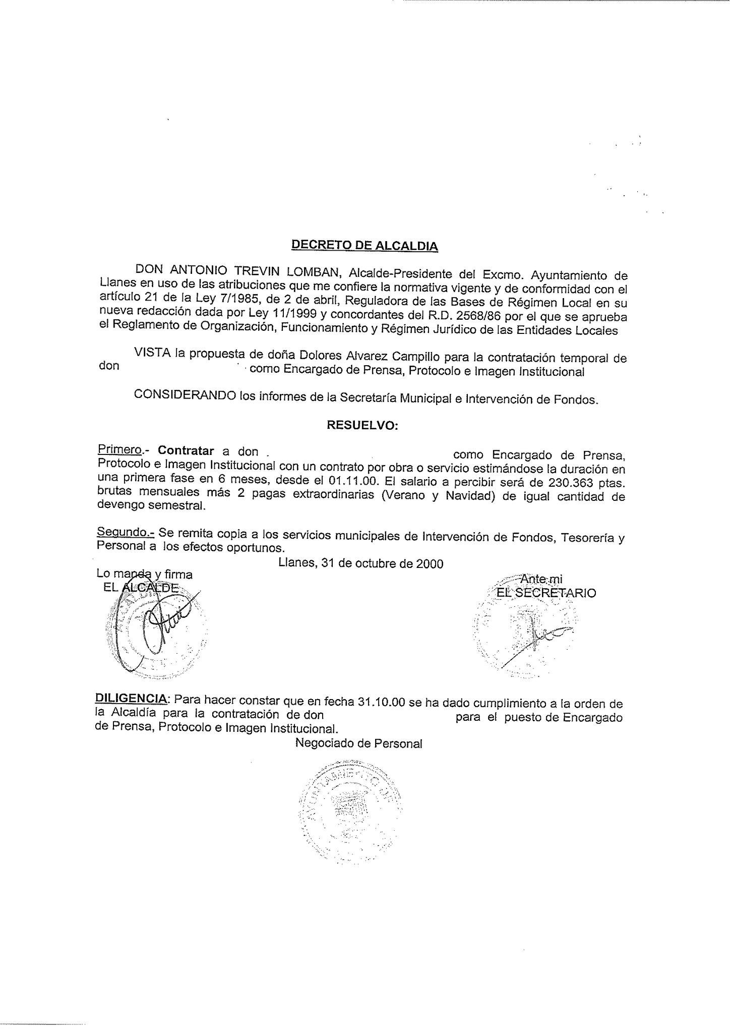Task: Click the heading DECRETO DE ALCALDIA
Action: click(x=364, y=246)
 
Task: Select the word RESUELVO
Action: click(x=362, y=425)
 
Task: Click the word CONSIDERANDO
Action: click(x=185, y=395)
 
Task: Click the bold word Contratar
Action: click(x=186, y=450)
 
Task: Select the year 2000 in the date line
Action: click(x=430, y=563)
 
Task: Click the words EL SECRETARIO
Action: click(x=546, y=593)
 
